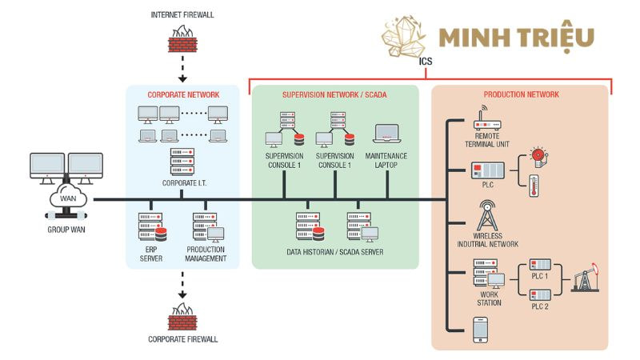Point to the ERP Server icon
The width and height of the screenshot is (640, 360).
click(x=151, y=227)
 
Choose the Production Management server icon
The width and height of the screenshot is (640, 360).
click(x=206, y=227)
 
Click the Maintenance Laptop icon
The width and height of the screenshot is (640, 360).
click(x=386, y=134)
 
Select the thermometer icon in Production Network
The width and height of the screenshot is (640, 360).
click(x=534, y=186)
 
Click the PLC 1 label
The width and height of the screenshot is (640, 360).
click(x=541, y=277)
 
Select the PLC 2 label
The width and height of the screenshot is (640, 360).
click(x=541, y=306)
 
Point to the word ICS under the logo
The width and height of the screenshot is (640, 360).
click(x=425, y=60)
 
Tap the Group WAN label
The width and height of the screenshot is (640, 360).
click(x=66, y=230)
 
